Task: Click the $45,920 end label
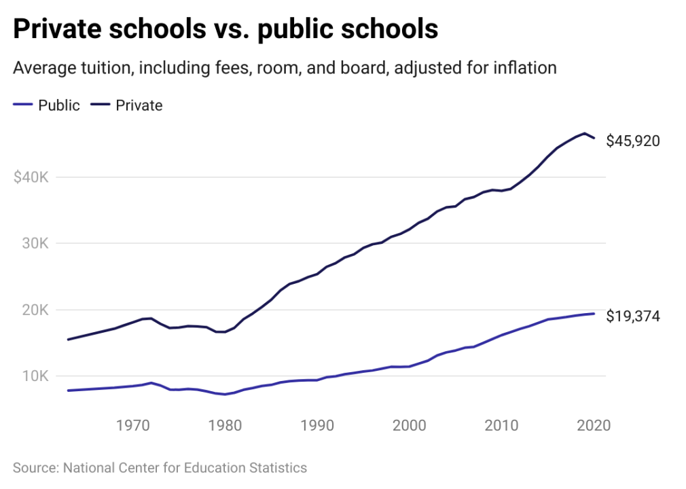click(x=633, y=141)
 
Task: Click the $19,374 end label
click(x=633, y=316)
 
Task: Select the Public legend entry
click(x=58, y=105)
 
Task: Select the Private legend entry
click(x=139, y=105)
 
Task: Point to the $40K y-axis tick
click(x=31, y=177)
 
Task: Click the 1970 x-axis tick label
click(x=133, y=426)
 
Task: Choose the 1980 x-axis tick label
click(x=225, y=426)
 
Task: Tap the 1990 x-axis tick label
click(x=317, y=426)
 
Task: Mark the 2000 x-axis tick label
click(x=409, y=426)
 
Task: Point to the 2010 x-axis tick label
click(x=501, y=426)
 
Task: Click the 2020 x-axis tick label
click(x=593, y=426)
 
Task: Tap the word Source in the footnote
click(x=34, y=467)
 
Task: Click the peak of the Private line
click(x=584, y=133)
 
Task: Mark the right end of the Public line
click(x=594, y=313)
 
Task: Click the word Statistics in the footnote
click(x=276, y=467)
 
